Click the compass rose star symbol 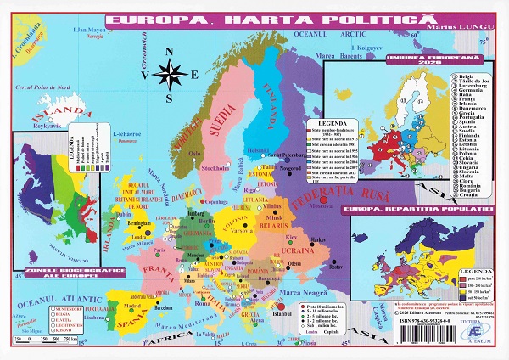[173, 76]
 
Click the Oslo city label [195, 154]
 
